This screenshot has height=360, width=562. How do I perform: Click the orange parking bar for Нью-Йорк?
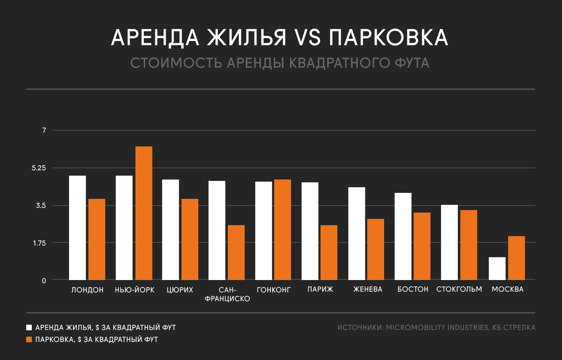point(144,213)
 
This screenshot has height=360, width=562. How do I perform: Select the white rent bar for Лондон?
point(77,227)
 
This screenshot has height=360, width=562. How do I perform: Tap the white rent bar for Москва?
point(497,268)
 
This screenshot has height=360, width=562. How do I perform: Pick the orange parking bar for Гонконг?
point(283,229)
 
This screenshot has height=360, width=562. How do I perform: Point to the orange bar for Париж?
point(329,252)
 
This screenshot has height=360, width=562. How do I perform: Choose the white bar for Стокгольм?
point(449,242)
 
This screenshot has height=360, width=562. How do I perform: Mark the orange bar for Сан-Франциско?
point(236,252)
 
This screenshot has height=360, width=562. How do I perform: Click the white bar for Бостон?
point(403,236)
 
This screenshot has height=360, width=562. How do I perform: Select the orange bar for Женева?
point(375,249)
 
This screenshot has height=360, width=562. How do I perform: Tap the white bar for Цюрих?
point(171,229)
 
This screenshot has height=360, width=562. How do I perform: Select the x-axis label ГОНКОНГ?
point(273,289)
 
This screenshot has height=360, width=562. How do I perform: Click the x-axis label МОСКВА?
point(507,289)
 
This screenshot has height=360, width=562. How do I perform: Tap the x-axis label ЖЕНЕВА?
point(368,289)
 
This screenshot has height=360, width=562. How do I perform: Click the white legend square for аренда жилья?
point(29,327)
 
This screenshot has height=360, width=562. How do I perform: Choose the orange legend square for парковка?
point(29,340)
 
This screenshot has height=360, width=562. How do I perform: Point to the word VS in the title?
point(307,38)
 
